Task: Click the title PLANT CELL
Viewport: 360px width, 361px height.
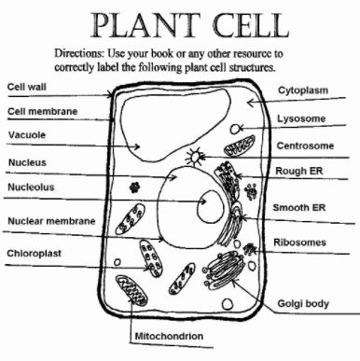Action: point(181,22)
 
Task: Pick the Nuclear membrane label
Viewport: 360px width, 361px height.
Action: point(50,221)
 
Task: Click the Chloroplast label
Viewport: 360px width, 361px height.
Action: point(35,253)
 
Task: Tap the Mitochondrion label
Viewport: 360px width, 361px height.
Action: point(169,334)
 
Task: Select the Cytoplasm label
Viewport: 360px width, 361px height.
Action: point(303,90)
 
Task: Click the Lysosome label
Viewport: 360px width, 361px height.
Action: point(302,119)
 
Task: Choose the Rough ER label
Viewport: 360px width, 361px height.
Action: point(299,171)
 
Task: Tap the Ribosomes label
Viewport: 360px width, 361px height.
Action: point(300,242)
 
